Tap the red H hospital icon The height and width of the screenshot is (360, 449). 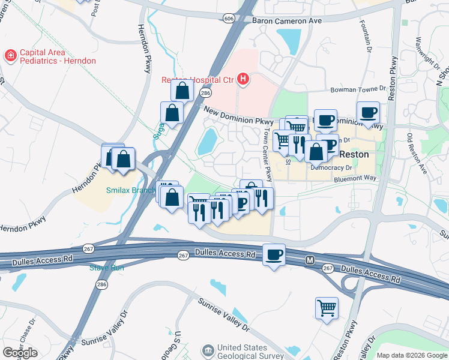click(243, 79)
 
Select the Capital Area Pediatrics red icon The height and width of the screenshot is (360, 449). click(10, 56)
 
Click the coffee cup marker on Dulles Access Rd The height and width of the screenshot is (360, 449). click(274, 254)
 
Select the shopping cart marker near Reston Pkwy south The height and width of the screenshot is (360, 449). click(327, 308)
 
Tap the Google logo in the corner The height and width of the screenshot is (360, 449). click(20, 352)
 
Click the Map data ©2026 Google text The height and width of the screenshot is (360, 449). click(411, 355)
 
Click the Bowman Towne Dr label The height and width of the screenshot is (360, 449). click(360, 90)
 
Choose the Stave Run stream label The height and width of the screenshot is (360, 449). click(106, 268)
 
